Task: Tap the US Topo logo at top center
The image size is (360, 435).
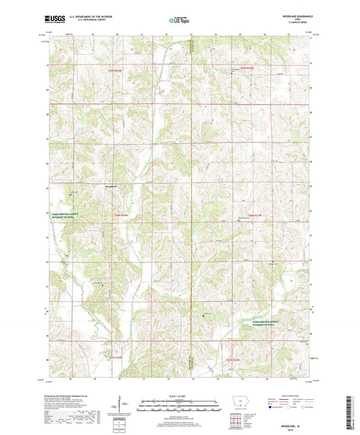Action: point(179,21)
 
